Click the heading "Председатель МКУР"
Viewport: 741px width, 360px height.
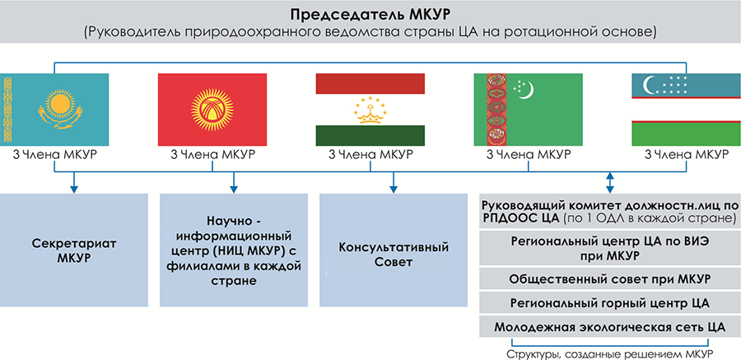click(x=370, y=15)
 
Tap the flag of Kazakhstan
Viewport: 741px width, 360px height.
click(x=54, y=110)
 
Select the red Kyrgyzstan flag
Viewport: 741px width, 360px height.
click(x=212, y=110)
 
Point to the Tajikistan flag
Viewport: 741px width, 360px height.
click(x=370, y=110)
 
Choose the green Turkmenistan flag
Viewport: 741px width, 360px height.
click(x=529, y=110)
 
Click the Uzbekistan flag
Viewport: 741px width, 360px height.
click(x=686, y=110)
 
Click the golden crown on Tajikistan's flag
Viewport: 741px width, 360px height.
click(x=370, y=110)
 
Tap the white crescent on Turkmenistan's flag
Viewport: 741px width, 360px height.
click(x=529, y=88)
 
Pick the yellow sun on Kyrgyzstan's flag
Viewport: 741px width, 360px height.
click(x=212, y=110)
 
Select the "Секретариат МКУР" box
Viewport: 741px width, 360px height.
click(x=74, y=250)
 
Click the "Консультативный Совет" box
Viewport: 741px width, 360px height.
click(x=394, y=250)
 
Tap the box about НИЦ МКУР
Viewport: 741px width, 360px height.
click(x=234, y=250)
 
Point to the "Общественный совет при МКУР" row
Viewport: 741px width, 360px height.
click(x=609, y=278)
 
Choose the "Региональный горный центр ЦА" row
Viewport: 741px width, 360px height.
click(x=609, y=302)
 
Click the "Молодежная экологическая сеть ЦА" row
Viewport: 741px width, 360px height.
click(x=609, y=327)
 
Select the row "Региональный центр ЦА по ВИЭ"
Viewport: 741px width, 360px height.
click(x=609, y=249)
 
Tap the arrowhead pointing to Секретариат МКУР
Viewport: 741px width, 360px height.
click(x=74, y=189)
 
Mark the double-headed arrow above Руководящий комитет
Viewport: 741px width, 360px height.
click(x=610, y=182)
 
